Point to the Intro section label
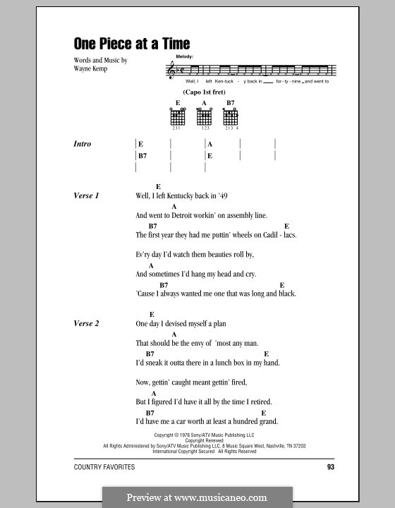[83, 144]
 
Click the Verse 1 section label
[87, 195]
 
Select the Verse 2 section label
[87, 323]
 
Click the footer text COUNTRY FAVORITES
[104, 468]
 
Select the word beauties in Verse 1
[212, 254]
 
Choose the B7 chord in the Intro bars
[142, 156]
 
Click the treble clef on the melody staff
[171, 70]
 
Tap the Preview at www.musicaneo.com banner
[197, 496]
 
